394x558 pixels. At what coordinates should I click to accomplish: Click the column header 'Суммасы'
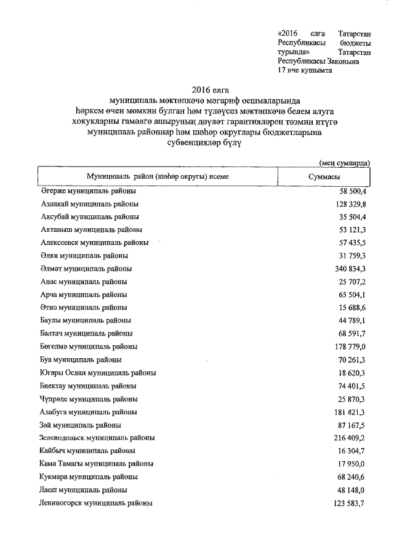point(324,176)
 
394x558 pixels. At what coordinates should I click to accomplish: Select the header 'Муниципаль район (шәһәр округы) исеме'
point(158,176)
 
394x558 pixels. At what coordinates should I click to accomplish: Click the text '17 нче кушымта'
point(305,70)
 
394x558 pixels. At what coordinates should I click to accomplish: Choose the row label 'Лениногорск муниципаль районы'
point(95,503)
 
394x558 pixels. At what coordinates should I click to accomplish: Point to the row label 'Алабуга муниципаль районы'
point(88,412)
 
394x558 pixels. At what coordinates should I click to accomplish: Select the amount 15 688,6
point(349,307)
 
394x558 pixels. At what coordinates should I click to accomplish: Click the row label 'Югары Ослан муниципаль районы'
point(97,373)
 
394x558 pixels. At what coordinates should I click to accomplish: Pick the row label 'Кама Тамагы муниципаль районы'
point(96,464)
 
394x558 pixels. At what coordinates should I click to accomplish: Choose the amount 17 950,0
point(349,464)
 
